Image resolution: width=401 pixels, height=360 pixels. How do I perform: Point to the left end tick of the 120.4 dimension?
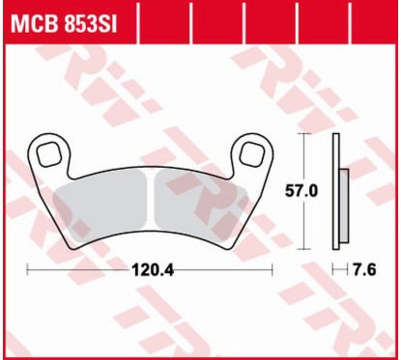tap(27, 269)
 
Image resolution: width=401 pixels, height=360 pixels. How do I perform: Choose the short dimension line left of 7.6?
tap(337, 269)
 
